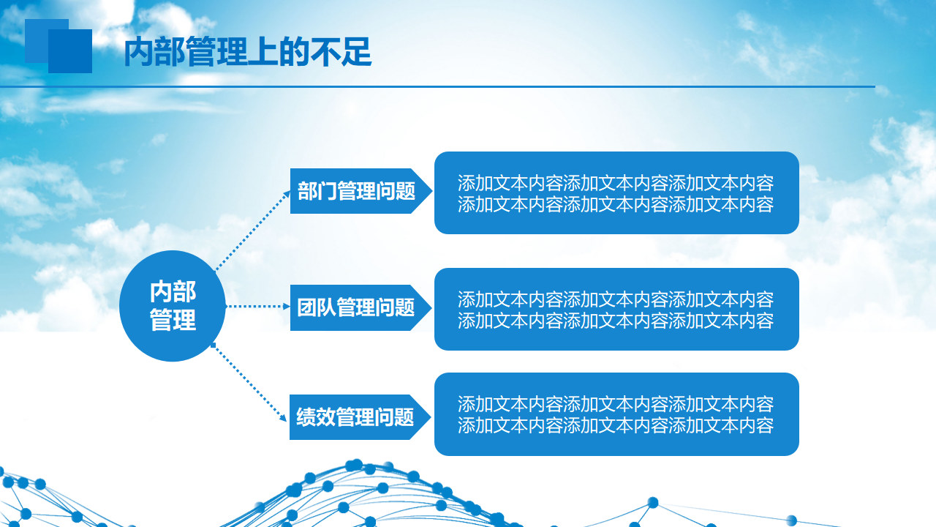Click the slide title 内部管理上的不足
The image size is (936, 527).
248,52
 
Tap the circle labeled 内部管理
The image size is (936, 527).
172,306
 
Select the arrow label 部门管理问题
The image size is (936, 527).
361,191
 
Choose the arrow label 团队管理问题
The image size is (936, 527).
361,307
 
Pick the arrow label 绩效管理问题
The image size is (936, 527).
360,417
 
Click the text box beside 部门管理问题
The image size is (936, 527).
616,193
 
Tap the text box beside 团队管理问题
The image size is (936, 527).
616,309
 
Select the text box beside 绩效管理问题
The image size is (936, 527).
616,414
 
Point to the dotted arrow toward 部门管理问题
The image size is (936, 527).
252,231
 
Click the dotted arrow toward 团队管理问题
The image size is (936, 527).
258,306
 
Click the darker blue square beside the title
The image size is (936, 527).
70,51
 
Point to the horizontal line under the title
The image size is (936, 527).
437,86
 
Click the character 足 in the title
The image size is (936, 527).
356,52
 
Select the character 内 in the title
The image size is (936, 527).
139,52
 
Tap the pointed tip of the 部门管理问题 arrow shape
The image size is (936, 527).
432,191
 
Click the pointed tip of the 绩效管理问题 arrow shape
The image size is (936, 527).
431,417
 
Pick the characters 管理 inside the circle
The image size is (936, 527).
173,321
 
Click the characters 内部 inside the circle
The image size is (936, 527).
173,291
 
